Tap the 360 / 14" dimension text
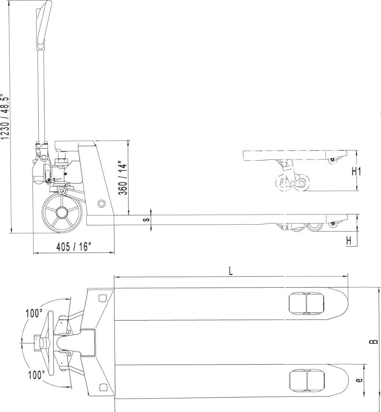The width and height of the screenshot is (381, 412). pos(123,178)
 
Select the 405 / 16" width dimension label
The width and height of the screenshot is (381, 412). pos(74,247)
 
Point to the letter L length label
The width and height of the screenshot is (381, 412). pos(231,271)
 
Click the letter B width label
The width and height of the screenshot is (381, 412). pos(374,342)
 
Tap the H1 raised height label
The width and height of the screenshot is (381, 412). pos(357,171)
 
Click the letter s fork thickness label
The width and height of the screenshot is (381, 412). pos(148,220)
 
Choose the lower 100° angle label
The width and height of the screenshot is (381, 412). pos(37,375)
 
